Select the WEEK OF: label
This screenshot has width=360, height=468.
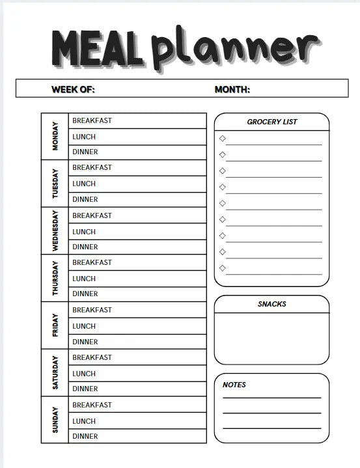tap(73, 90)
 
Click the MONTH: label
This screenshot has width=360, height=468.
tap(232, 90)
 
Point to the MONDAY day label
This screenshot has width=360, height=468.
tap(55, 136)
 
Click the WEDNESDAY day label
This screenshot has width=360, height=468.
tap(55, 231)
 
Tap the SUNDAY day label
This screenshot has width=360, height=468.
tap(55, 420)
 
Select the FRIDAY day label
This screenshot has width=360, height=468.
tap(55, 325)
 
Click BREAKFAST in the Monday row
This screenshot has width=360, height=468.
tap(92, 120)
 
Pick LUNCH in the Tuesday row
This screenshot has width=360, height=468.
tap(84, 184)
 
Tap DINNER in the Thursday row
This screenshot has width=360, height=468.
tap(85, 294)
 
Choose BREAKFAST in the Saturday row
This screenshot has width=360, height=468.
tap(92, 357)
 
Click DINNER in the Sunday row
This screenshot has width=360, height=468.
tap(85, 436)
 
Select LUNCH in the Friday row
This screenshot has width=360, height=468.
tap(84, 326)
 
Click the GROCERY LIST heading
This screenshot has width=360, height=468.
tap(272, 122)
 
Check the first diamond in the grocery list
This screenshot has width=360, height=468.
tap(223, 139)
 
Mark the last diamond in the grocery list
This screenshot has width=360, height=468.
tap(223, 268)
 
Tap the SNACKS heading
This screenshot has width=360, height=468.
tap(271, 304)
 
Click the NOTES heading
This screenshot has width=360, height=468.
tap(234, 385)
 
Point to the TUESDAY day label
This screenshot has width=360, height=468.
tap(55, 184)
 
